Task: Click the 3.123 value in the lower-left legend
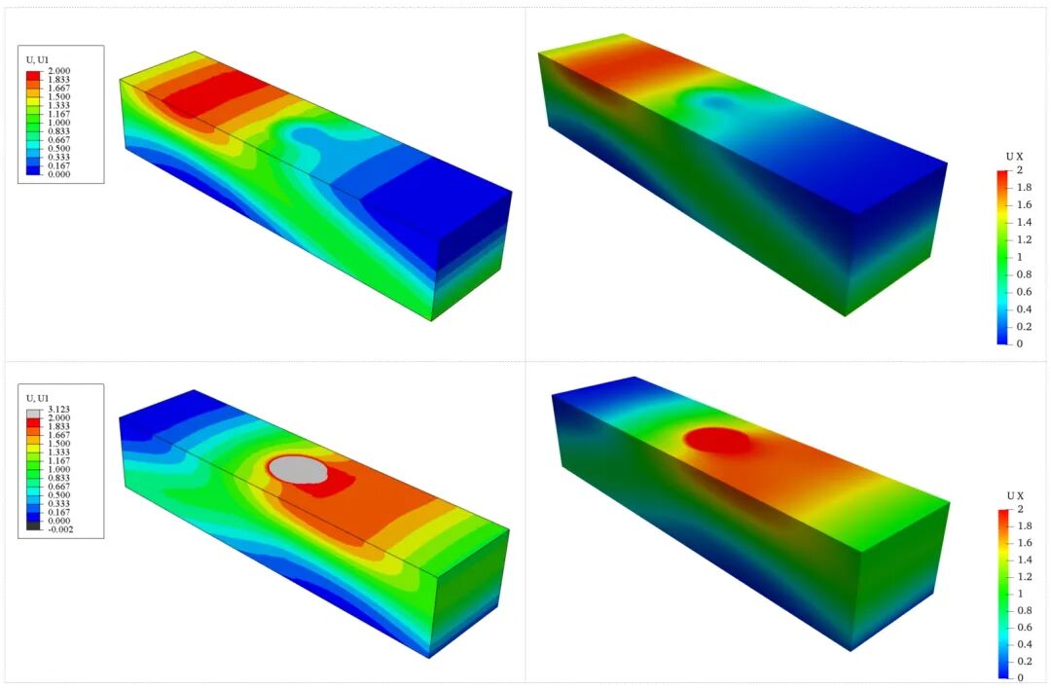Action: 58,409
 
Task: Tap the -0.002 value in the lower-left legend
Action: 58,529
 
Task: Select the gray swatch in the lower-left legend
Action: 33,414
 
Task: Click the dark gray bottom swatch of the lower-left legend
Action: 33,525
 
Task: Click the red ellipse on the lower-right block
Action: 717,441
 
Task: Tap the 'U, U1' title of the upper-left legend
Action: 38,60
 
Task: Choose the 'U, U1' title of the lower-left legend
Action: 38,398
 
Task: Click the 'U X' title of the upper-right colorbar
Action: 1015,157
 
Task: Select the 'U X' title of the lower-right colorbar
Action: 1015,495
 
